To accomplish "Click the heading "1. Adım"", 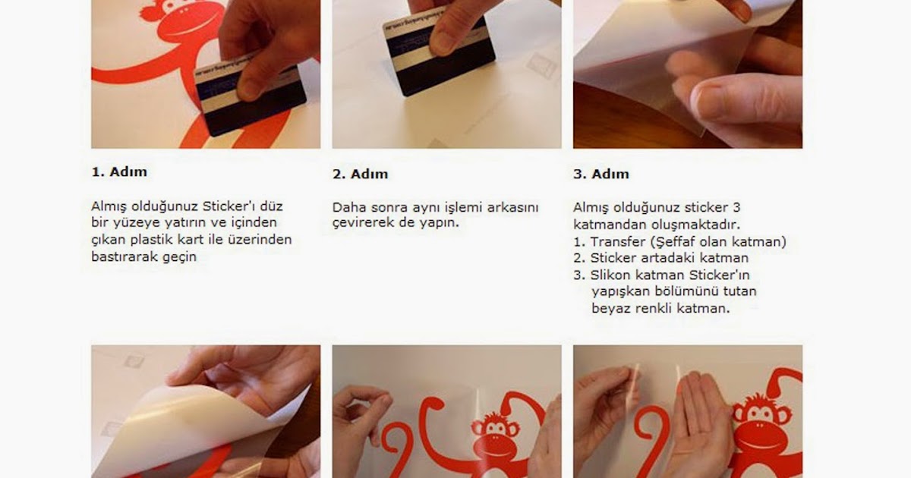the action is pyautogui.click(x=119, y=171).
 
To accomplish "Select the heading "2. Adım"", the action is pyautogui.click(x=360, y=174).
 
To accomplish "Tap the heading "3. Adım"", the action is pyautogui.click(x=601, y=174).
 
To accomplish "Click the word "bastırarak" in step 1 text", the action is pyautogui.click(x=125, y=257).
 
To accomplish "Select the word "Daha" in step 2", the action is pyautogui.click(x=349, y=208).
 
